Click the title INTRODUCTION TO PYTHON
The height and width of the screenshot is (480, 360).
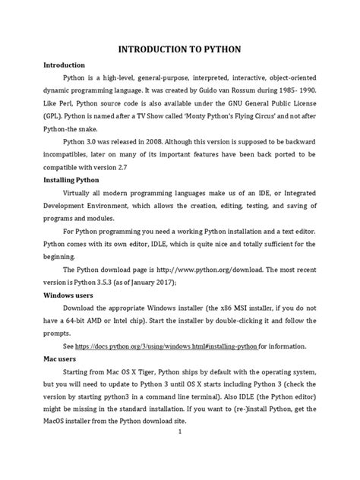tap(179, 49)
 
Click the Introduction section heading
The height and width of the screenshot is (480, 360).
tap(64, 65)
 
